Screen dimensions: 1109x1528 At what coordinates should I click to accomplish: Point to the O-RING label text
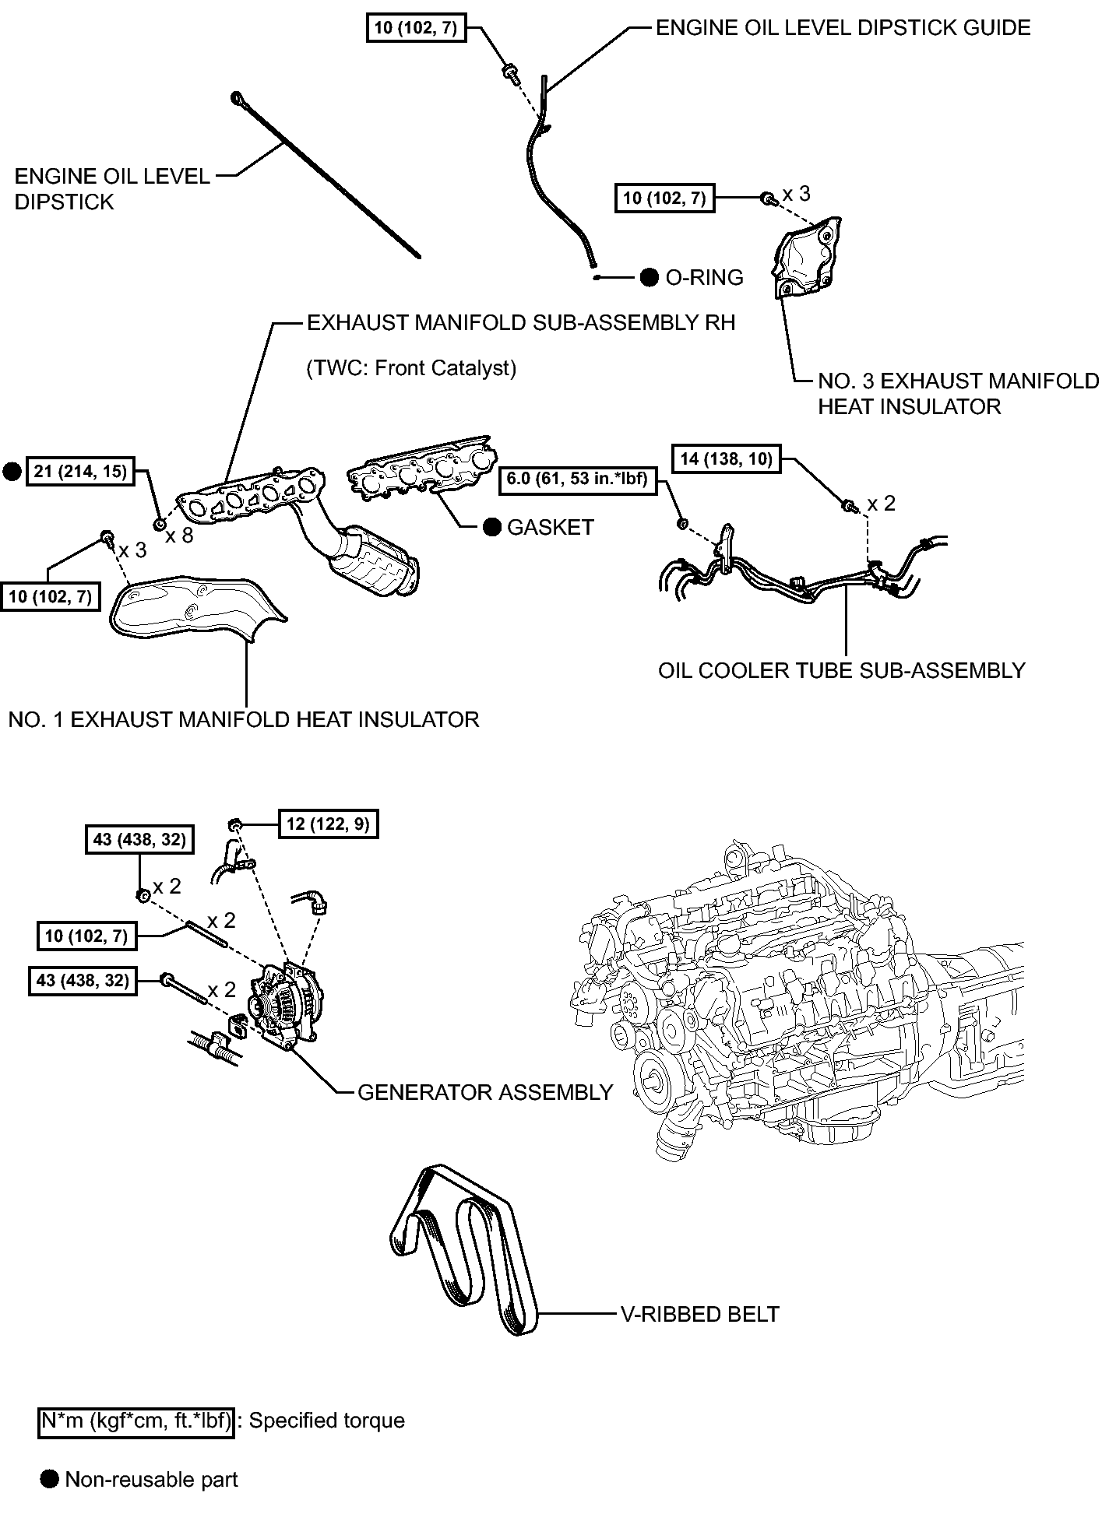[704, 277]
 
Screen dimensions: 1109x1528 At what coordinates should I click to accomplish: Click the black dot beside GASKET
[491, 528]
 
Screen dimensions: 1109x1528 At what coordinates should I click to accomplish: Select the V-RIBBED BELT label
[699, 1315]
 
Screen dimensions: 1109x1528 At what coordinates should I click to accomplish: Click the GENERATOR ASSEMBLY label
[485, 1093]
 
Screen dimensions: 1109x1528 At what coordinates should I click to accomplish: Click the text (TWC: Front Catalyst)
[411, 367]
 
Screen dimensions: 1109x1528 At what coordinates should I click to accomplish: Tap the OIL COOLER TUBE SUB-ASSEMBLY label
[842, 670]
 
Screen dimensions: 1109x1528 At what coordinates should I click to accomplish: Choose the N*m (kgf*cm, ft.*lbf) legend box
[136, 1421]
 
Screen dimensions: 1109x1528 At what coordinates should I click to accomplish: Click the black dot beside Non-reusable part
[50, 1480]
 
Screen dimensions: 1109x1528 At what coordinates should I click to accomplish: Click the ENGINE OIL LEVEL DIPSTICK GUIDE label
[843, 28]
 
